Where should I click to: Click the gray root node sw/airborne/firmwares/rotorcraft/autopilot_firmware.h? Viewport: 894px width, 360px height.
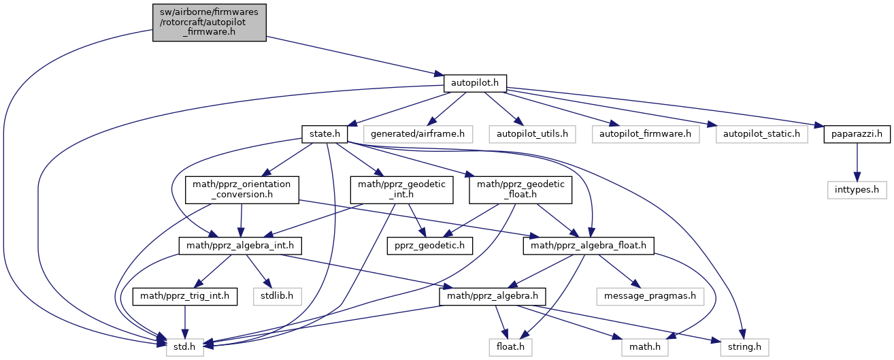(209, 22)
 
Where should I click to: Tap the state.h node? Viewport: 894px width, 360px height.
(325, 134)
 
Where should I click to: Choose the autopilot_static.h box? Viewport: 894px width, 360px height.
(761, 134)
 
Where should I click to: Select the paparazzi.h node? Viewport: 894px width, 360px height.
(857, 134)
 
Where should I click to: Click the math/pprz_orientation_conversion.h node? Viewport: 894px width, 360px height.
(242, 190)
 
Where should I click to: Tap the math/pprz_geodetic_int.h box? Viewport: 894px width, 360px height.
(401, 190)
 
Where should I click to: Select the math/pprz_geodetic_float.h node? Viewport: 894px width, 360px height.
(520, 190)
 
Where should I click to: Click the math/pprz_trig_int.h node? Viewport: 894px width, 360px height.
(184, 296)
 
